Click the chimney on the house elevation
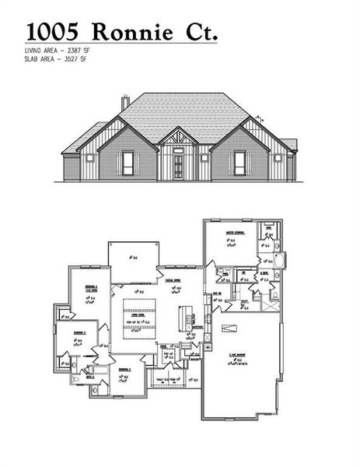click(x=124, y=103)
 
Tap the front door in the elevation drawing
click(x=179, y=166)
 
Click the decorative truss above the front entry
click(x=179, y=141)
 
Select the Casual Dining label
click(x=173, y=281)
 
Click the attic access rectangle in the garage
click(x=229, y=327)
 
